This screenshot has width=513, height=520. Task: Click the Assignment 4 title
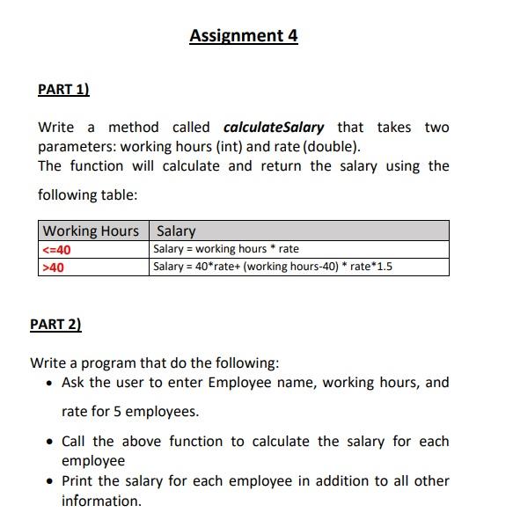(x=244, y=36)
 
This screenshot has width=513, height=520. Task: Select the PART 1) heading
(x=64, y=89)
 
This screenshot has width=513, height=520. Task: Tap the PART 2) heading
(x=55, y=324)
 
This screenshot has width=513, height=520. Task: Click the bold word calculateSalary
(x=274, y=128)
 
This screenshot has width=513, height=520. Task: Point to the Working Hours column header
(x=91, y=231)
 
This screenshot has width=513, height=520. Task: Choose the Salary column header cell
(x=176, y=231)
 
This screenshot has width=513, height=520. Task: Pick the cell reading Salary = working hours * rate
(x=226, y=249)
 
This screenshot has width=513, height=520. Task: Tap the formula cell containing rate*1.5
(x=273, y=267)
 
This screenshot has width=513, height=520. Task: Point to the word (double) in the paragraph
(x=331, y=147)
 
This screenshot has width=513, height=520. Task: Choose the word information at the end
(x=101, y=501)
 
